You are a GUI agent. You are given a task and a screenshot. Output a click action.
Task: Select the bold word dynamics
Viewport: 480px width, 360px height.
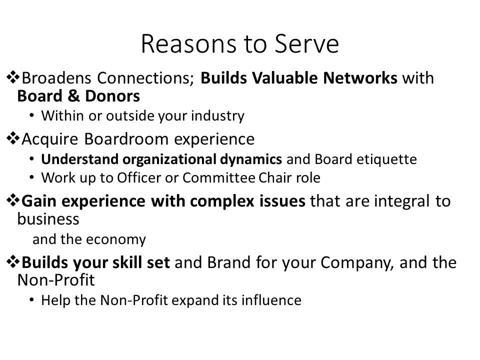(252, 159)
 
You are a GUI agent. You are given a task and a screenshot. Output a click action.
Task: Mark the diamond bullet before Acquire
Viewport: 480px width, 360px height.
(12, 138)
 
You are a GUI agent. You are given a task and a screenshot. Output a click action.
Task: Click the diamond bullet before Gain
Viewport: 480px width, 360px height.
(12, 201)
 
